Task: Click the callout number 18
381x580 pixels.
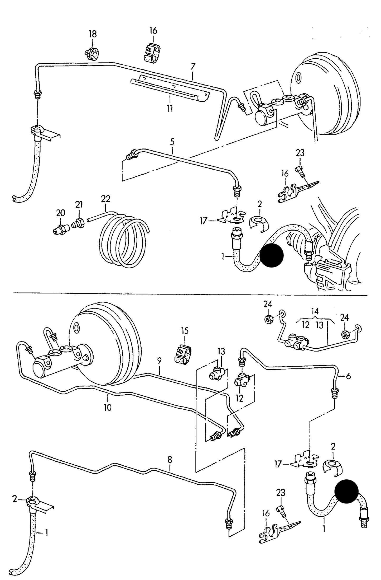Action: pyautogui.click(x=93, y=34)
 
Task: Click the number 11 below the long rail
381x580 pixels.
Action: pyautogui.click(x=170, y=108)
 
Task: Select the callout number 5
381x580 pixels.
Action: pyautogui.click(x=172, y=142)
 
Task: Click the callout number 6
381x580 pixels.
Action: pyautogui.click(x=348, y=376)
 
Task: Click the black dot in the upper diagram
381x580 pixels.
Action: pyautogui.click(x=272, y=255)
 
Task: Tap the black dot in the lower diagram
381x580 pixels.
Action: pyautogui.click(x=346, y=491)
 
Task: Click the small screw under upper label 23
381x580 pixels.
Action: pyautogui.click(x=301, y=171)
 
